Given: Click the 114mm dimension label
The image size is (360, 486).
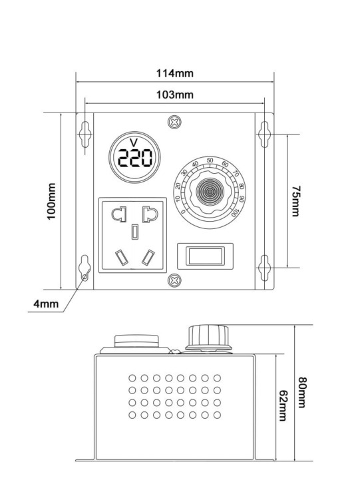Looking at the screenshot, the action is [175, 73].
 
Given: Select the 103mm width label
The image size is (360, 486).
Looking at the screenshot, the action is [175, 95].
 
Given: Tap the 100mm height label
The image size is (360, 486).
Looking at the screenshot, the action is [51, 201].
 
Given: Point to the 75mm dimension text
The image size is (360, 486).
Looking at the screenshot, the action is [296, 201].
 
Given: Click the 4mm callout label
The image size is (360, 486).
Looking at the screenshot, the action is [46, 304].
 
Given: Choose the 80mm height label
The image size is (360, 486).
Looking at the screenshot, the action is [302, 392].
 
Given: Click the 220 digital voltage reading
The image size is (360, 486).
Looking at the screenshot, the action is [135, 158].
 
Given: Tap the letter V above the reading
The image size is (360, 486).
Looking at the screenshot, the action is [134, 142].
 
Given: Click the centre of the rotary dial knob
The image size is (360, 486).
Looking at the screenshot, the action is [210, 192].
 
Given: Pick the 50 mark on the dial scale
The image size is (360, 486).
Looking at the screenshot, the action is [210, 160].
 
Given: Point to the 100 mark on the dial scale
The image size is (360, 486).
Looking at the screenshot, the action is [235, 212].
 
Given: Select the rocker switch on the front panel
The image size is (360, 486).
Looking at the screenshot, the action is [205, 256].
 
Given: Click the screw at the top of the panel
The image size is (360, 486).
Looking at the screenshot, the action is [174, 121].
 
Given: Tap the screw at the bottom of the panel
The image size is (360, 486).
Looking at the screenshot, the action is [174, 280].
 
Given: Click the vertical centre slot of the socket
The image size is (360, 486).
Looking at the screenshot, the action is [135, 232].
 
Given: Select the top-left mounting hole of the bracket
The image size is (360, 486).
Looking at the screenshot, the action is [85, 134].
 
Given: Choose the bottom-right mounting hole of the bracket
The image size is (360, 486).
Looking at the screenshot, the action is [264, 268].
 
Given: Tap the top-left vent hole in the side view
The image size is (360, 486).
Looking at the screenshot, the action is [132, 378].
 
